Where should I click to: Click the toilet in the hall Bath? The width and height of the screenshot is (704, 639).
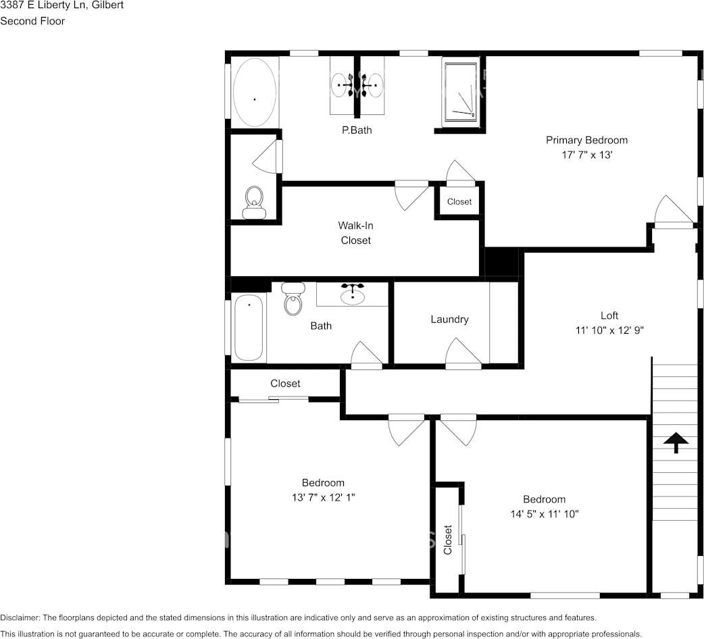[293, 299]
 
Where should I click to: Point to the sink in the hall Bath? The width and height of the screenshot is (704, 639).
[353, 295]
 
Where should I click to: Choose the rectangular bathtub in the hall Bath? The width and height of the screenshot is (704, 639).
[249, 328]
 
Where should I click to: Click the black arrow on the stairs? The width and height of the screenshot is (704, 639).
[676, 442]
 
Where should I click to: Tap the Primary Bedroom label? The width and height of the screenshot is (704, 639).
[586, 140]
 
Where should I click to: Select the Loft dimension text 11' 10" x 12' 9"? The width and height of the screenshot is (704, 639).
[609, 330]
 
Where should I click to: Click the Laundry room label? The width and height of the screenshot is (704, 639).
[449, 319]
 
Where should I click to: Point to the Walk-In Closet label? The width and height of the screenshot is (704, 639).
[355, 233]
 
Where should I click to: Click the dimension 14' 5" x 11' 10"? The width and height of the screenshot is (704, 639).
[544, 514]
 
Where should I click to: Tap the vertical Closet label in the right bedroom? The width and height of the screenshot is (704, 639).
[447, 540]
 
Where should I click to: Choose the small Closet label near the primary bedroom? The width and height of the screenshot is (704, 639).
[459, 201]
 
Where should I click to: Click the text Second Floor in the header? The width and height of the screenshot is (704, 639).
[32, 21]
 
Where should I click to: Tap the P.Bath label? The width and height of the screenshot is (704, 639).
[357, 130]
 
